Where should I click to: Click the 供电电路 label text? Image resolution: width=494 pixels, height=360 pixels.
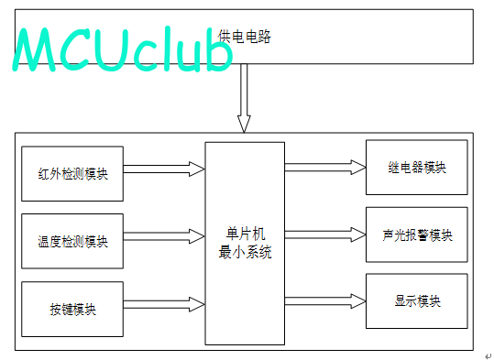tap(244, 37)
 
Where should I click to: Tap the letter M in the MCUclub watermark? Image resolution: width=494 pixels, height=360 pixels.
tap(35, 49)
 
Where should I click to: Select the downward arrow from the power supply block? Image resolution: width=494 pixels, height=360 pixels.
tap(244, 98)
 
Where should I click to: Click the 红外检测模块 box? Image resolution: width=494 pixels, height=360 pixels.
tap(72, 173)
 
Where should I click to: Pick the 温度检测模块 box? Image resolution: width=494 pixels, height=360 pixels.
tap(72, 241)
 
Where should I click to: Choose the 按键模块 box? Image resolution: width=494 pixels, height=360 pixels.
tap(72, 310)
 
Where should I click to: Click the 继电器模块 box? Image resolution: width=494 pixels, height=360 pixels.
tap(416, 168)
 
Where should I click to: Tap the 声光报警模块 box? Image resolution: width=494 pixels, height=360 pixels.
tap(416, 235)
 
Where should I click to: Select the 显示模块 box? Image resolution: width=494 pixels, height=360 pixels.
tap(416, 301)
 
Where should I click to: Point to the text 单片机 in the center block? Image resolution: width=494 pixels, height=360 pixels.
tap(246, 234)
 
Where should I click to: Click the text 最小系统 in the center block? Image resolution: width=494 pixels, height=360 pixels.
tap(245, 252)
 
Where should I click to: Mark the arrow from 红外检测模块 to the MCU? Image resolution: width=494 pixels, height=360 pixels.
tap(164, 169)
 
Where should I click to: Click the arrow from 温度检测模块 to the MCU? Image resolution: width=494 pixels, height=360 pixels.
tap(164, 236)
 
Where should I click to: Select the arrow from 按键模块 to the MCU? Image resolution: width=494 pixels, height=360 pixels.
tap(164, 304)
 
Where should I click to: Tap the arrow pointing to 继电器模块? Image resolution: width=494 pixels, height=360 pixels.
tap(325, 168)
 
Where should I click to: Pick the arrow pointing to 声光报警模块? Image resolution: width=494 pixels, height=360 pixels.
tap(325, 235)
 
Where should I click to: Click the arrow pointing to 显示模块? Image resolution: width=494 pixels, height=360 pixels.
tap(325, 301)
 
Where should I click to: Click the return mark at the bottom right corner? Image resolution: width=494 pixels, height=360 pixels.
tap(488, 355)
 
